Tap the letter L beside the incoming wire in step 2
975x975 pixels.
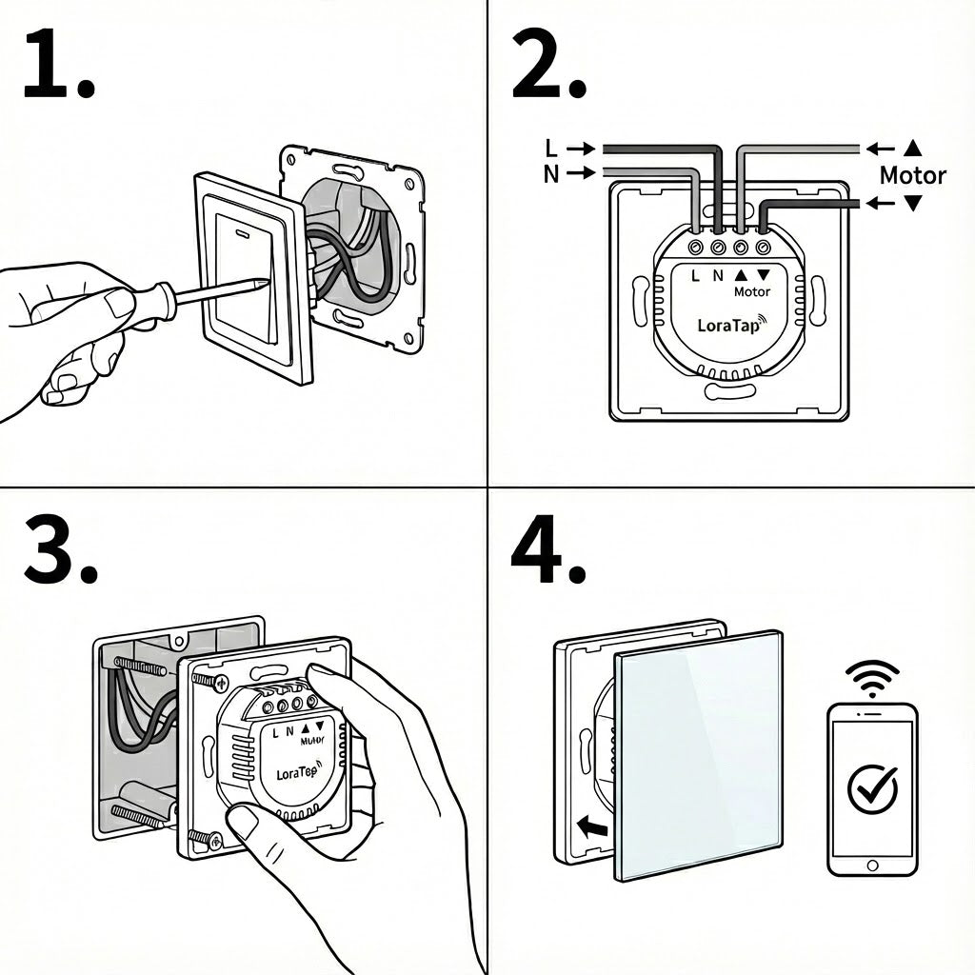pos(551,149)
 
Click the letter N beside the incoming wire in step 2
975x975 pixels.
pos(551,173)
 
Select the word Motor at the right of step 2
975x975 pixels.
pos(912,175)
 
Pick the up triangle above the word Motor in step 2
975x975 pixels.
pos(913,148)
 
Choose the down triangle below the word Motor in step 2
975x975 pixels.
pos(913,203)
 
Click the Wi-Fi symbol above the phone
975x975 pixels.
pos(871,678)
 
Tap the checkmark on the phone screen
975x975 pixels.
pos(872,786)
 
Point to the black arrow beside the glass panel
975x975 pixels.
pos(591,827)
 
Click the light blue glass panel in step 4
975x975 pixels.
pos(700,752)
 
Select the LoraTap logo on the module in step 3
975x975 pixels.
pos(296,773)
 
